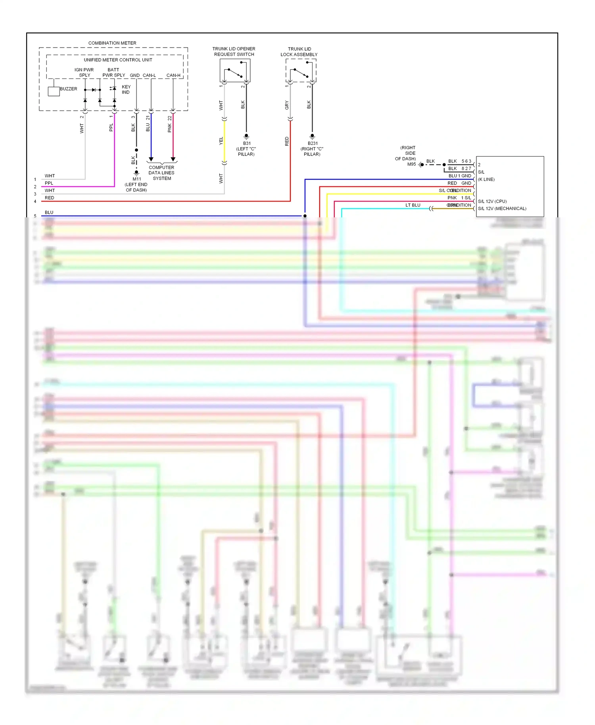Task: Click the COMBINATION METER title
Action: tap(112, 43)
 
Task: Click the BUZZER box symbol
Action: tap(54, 92)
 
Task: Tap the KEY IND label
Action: tap(126, 90)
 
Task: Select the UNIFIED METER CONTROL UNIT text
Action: tap(118, 60)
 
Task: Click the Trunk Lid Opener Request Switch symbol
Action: tap(235, 71)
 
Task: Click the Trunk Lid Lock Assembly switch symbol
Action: tap(301, 71)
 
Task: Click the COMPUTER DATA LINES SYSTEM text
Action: tap(161, 173)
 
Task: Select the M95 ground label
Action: tap(411, 164)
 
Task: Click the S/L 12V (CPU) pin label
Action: tap(492, 201)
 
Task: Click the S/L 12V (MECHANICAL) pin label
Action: tap(502, 209)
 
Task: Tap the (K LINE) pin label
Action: tap(486, 180)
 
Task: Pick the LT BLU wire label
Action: tap(413, 205)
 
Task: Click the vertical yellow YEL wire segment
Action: tap(225, 141)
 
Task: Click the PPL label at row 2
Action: tap(49, 183)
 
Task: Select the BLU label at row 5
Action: tap(49, 213)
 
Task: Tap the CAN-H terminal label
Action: tap(173, 75)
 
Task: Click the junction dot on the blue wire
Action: tap(305, 216)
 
